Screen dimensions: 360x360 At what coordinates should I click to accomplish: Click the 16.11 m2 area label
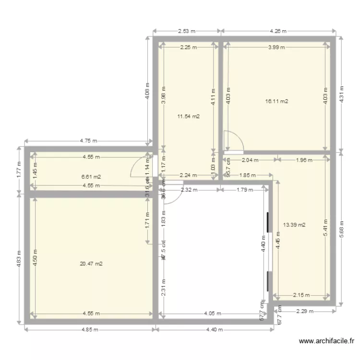pos(276,101)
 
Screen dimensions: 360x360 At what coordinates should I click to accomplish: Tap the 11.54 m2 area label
pos(189,116)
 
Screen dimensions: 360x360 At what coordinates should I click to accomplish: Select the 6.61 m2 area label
pos(91,177)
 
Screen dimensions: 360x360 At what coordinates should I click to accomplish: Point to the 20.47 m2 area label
pos(91,264)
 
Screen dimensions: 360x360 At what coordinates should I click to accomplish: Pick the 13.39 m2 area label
pos(294,225)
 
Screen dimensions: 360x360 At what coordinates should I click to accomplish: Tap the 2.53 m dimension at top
pos(187,31)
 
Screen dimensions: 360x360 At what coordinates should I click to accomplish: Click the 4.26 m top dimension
pos(278,31)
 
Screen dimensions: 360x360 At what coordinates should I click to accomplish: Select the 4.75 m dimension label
pos(88,141)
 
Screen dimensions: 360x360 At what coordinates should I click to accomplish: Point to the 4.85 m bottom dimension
pos(90,330)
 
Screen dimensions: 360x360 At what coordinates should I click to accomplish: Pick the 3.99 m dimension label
pos(276,47)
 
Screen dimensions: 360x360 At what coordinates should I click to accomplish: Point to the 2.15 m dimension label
pos(301,295)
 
